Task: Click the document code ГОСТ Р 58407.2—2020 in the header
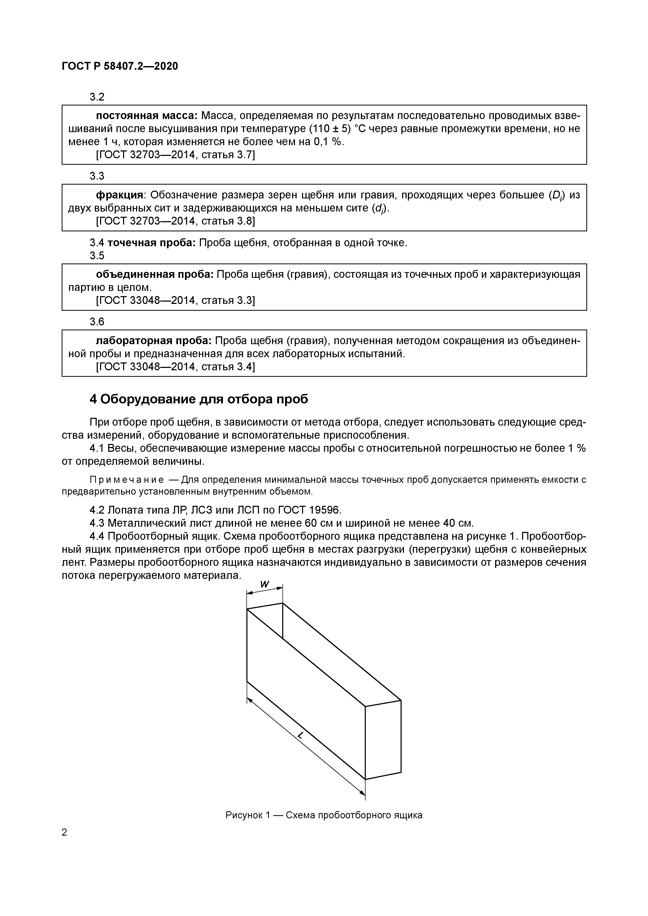tap(120, 66)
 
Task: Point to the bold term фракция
tap(119, 195)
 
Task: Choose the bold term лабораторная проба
tap(154, 341)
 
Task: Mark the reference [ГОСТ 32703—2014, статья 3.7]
tap(175, 155)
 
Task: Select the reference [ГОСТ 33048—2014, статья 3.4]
tap(175, 366)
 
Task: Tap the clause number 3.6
tap(97, 321)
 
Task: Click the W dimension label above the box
tap(265, 584)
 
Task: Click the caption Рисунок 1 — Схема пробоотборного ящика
tap(324, 815)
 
